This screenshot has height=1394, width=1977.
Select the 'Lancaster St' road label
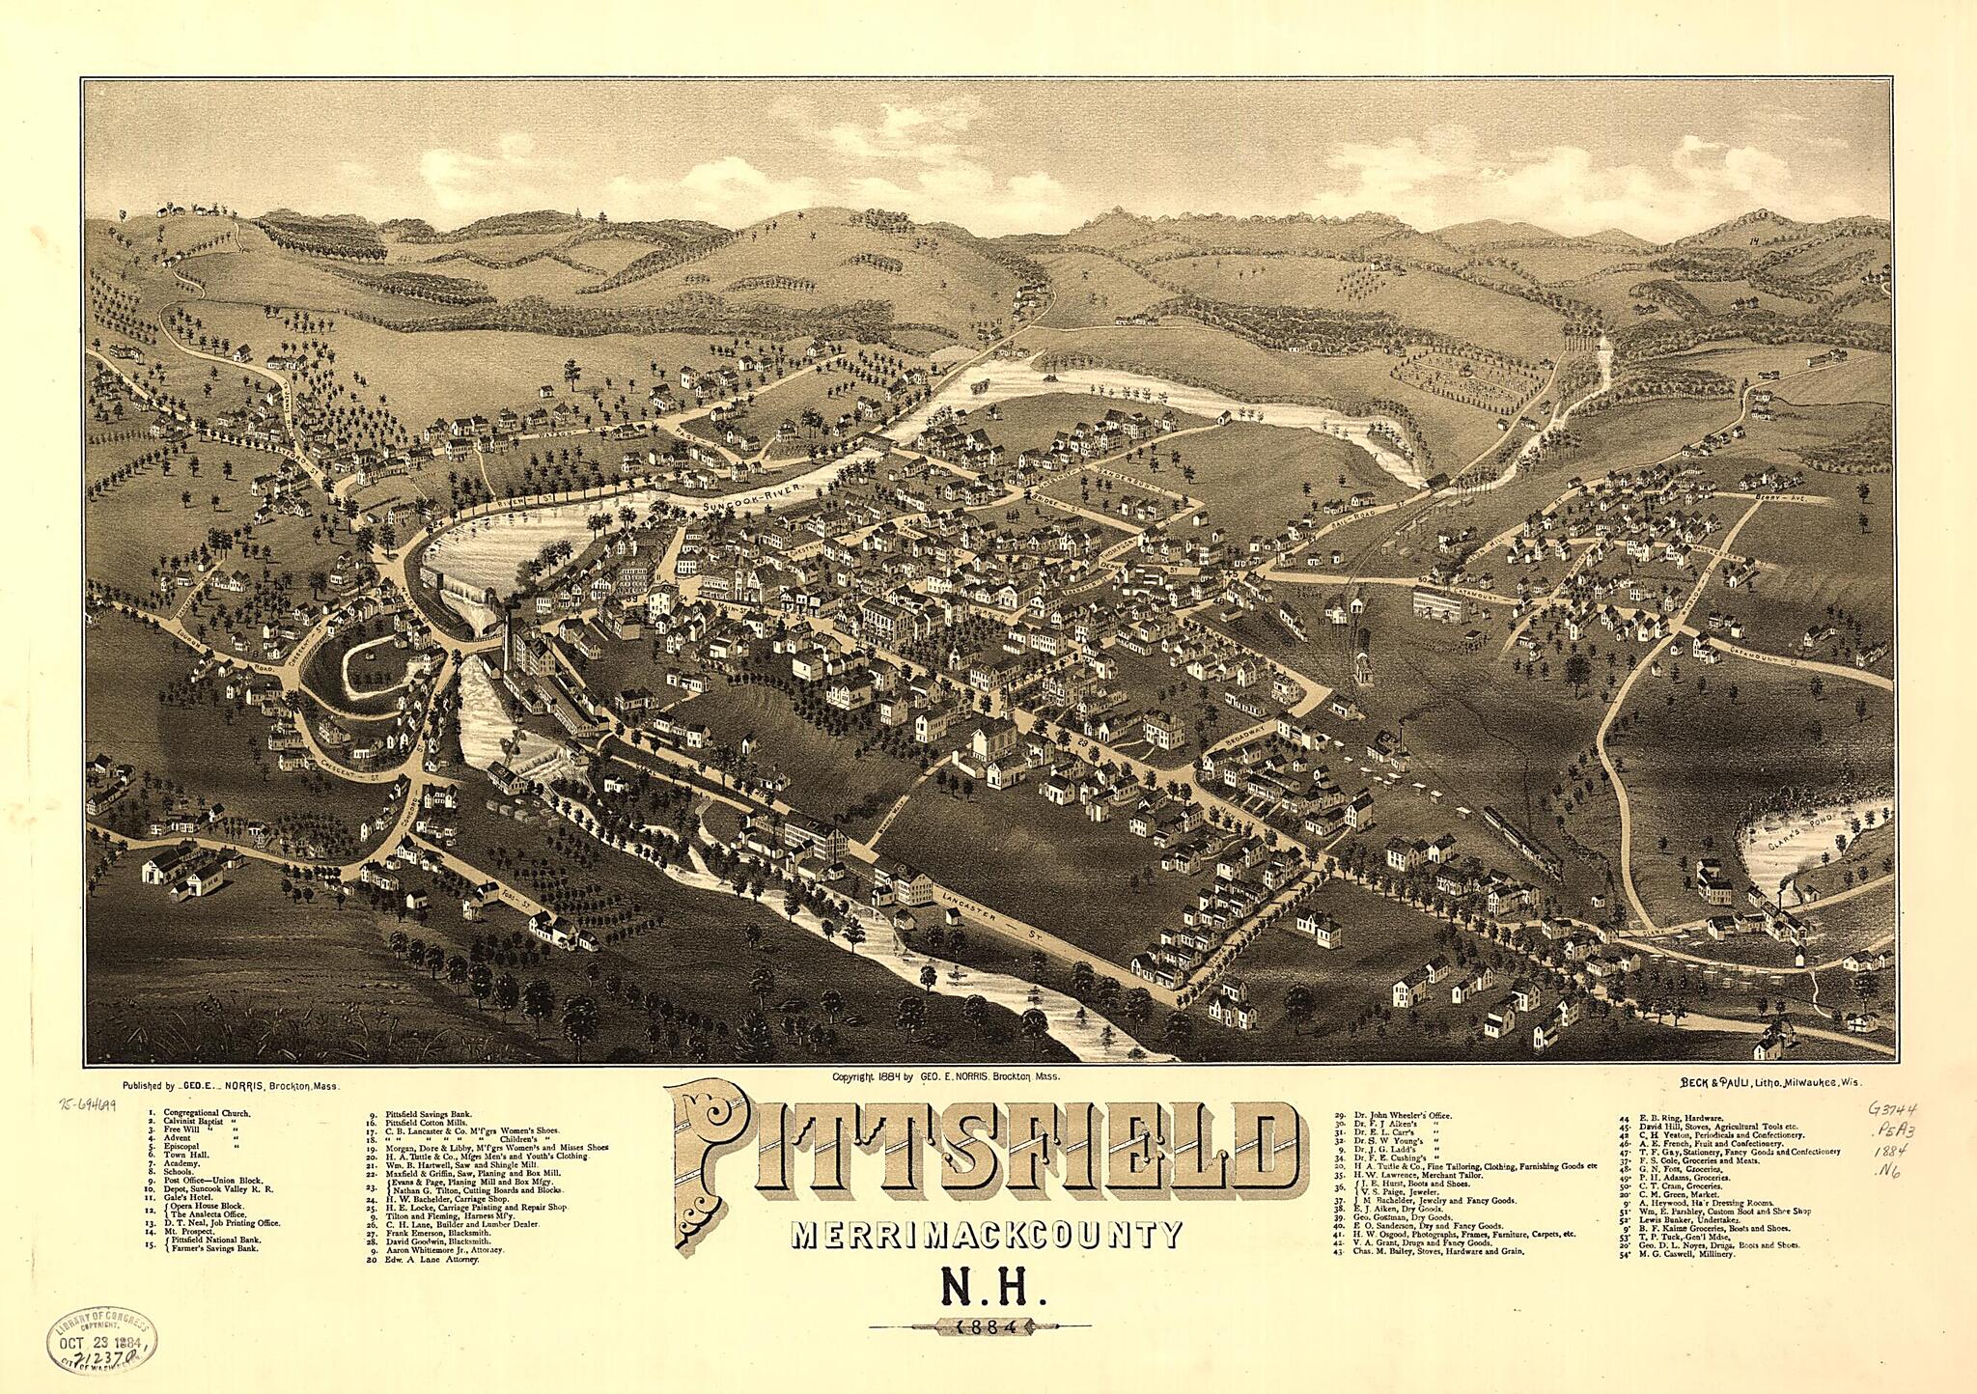(x=977, y=912)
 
